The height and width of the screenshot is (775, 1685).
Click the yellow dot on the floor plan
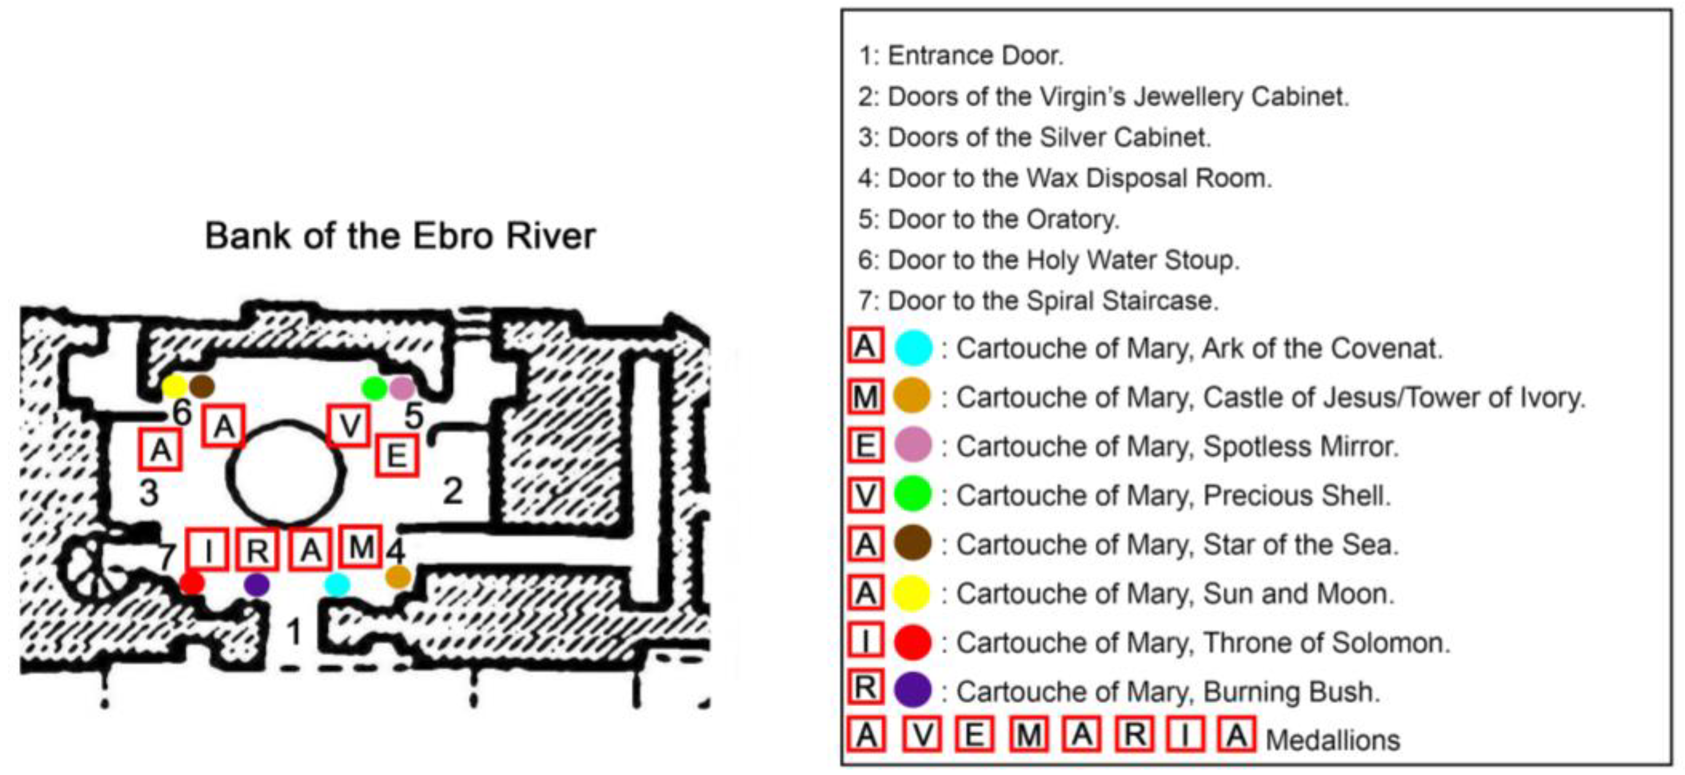coord(174,387)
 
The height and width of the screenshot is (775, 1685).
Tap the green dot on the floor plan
coord(374,388)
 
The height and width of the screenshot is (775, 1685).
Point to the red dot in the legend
coord(913,642)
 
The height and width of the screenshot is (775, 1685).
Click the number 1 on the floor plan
coord(295,632)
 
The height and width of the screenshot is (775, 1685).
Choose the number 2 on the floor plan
coord(453,491)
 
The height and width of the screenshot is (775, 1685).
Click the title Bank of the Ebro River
coord(400,235)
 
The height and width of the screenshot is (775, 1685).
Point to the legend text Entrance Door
coord(975,55)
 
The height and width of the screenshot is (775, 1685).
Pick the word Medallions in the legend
coord(1332,740)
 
